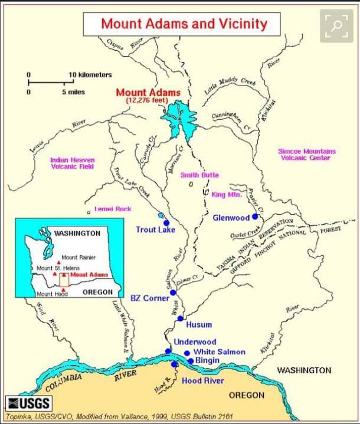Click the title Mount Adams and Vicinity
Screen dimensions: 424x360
coord(184,24)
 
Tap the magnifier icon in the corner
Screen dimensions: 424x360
coord(336,26)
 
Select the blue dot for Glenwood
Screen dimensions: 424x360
coord(255,217)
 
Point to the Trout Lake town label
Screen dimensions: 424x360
coord(155,229)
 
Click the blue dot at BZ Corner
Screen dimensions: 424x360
coord(173,292)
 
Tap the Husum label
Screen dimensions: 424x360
coord(199,324)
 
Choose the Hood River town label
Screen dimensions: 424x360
coord(202,380)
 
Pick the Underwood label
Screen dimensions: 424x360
coord(195,341)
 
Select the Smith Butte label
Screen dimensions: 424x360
coord(199,175)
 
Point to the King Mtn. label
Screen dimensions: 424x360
coord(225,193)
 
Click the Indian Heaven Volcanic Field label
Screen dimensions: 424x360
coord(72,163)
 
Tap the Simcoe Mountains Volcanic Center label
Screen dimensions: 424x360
coord(307,155)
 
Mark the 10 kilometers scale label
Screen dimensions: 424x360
coord(90,75)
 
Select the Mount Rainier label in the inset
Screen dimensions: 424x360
coord(78,257)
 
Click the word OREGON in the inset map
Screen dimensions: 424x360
coord(97,292)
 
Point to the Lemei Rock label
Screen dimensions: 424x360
coord(112,209)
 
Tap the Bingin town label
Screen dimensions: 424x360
coord(208,360)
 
